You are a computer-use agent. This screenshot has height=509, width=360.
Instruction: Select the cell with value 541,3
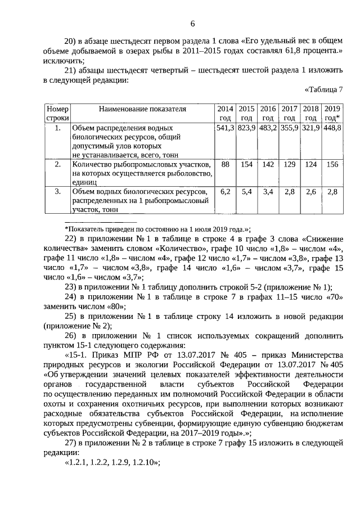click(225, 128)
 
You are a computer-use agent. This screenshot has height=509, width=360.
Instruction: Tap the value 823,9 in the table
click(246, 128)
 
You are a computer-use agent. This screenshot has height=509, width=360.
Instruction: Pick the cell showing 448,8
click(332, 128)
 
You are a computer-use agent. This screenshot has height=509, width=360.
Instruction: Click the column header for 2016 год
click(268, 113)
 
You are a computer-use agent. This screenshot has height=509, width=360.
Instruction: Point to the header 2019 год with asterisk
click(332, 113)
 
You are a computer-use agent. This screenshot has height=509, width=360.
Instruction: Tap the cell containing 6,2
click(225, 192)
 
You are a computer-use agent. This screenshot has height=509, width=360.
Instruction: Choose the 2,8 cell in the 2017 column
click(289, 192)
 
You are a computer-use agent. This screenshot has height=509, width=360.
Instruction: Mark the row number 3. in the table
click(57, 192)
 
